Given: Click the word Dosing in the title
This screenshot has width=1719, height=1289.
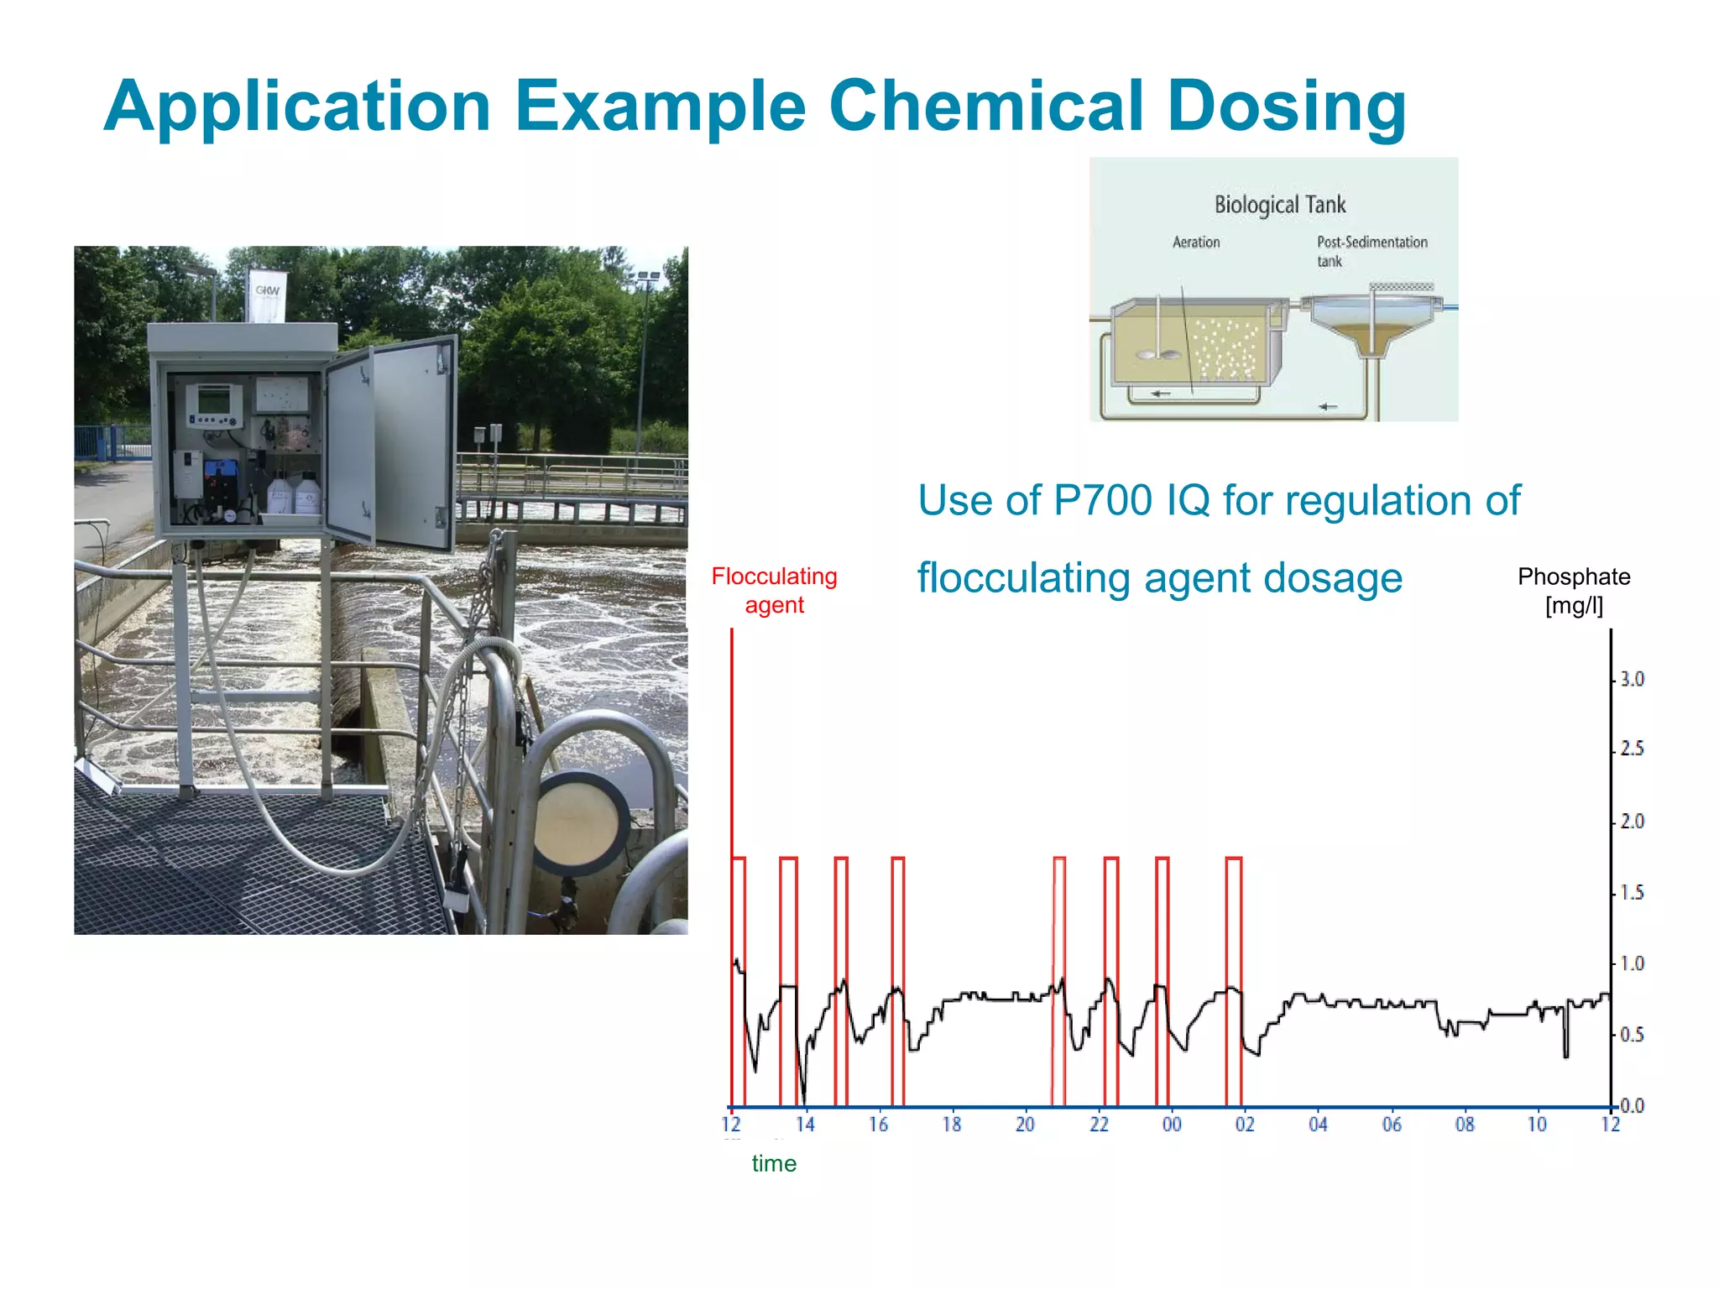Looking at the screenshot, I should (x=1286, y=107).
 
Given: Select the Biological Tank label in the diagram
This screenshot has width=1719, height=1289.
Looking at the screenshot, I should (x=1279, y=205).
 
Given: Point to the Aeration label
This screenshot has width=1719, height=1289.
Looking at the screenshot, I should (x=1196, y=243).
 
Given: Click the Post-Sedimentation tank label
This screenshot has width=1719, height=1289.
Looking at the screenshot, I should (x=1371, y=251).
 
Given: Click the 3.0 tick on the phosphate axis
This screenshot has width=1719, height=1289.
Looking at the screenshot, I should (x=1632, y=679).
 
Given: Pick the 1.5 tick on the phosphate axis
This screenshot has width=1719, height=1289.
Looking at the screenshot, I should (x=1632, y=893).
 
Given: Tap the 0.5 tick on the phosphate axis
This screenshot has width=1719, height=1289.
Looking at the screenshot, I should (x=1632, y=1035).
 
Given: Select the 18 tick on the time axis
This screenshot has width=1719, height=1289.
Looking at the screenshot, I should (x=951, y=1125).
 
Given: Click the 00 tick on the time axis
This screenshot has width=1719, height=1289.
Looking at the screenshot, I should (x=1172, y=1125).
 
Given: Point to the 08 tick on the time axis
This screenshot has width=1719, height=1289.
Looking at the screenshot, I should (x=1465, y=1125).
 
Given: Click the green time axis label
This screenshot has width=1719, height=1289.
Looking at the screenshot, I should (x=774, y=1164).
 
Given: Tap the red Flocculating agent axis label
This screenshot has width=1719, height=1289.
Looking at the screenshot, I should (x=774, y=591).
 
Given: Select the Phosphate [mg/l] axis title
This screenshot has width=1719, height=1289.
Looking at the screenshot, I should (x=1574, y=591).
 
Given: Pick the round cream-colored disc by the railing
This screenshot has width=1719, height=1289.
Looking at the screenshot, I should (x=580, y=823).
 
